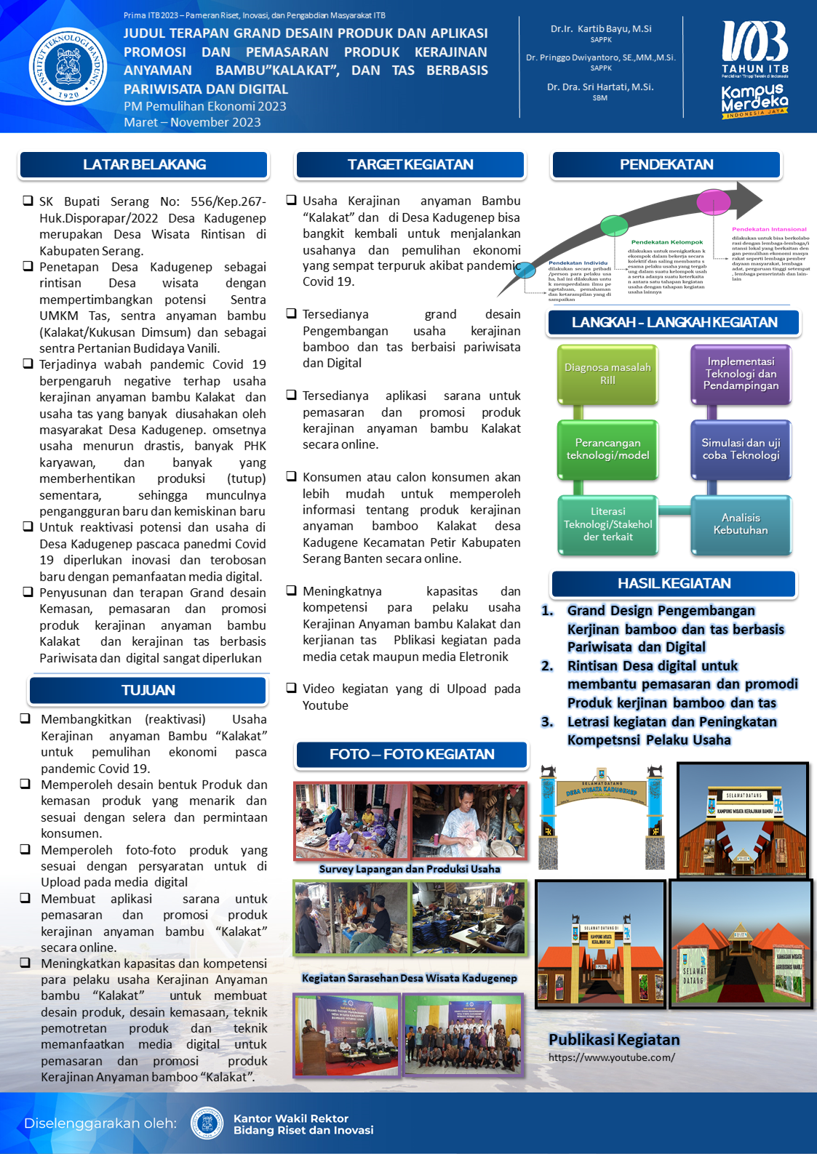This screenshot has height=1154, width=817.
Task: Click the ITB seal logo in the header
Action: click(68, 66)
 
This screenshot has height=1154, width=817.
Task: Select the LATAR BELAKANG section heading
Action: click(144, 165)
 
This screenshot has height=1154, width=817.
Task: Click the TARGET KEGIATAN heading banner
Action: click(410, 165)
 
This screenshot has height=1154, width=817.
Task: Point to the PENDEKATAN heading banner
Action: click(666, 165)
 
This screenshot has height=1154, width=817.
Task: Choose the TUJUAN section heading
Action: click(148, 690)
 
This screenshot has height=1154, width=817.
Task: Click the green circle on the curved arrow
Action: click(613, 223)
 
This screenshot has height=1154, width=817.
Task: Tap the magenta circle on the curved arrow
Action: click(713, 201)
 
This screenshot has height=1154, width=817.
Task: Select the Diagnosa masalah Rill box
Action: click(607, 374)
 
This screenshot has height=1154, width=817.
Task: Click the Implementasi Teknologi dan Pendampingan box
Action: click(741, 374)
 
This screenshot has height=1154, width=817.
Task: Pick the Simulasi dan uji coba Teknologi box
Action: click(741, 449)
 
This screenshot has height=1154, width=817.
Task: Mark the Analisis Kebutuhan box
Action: click(741, 524)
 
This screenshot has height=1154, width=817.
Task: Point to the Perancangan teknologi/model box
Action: click(607, 449)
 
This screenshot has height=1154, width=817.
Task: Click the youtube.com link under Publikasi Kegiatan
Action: click(611, 1057)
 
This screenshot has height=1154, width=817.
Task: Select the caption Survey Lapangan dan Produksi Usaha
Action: click(410, 869)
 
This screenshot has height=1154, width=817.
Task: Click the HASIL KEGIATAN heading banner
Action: click(674, 584)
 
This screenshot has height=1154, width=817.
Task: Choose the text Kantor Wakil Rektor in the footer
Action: click(291, 1118)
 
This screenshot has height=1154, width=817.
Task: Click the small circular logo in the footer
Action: click(207, 1123)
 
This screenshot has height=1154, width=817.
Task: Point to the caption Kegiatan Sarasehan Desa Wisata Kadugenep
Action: click(410, 978)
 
